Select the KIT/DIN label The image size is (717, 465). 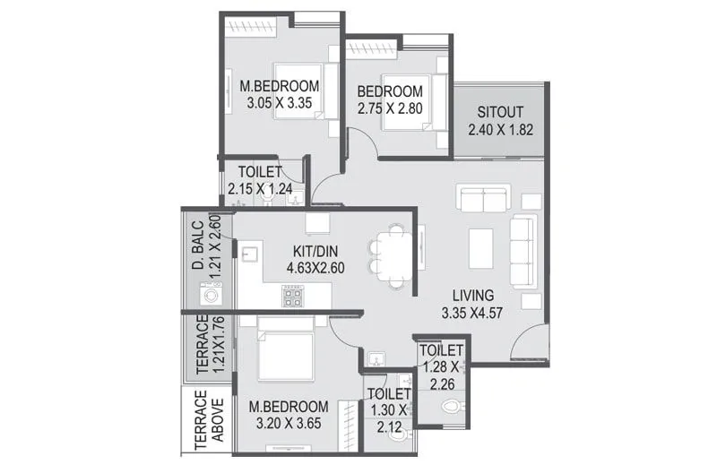[x=315, y=250]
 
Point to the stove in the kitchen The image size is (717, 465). [x=294, y=296]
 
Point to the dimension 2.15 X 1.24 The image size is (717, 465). [x=260, y=189]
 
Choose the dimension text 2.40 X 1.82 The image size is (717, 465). [x=500, y=130]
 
